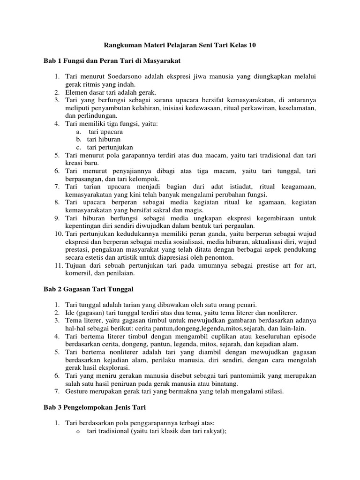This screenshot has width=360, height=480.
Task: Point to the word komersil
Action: pos(80,273)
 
